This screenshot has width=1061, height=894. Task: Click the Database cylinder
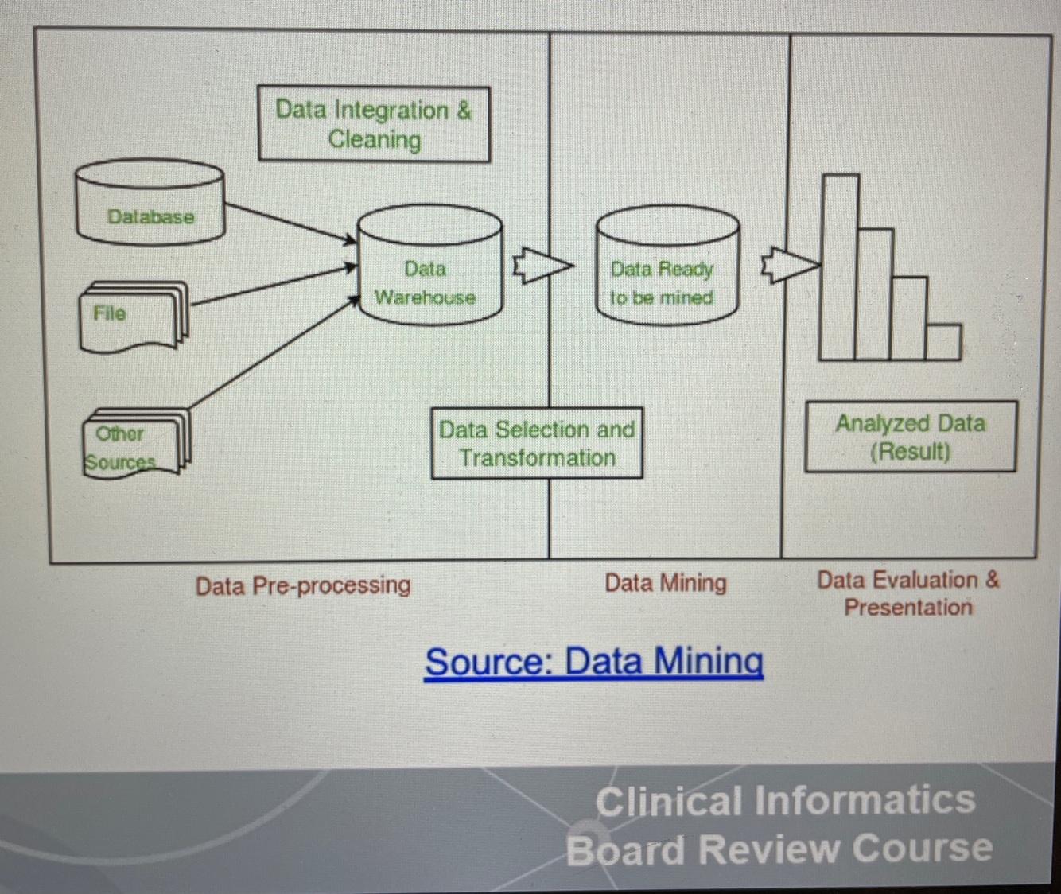click(150, 203)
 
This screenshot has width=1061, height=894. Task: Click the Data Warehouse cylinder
click(429, 266)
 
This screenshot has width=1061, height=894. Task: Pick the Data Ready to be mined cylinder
click(667, 266)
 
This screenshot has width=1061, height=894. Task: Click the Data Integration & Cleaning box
click(374, 124)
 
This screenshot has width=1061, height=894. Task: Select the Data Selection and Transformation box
click(537, 443)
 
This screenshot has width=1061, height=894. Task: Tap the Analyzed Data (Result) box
click(910, 437)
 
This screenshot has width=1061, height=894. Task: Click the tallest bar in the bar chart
click(840, 266)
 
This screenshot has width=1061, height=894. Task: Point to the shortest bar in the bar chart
click(943, 341)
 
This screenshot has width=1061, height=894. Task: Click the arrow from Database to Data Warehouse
click(290, 222)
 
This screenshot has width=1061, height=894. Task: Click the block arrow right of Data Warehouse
click(541, 266)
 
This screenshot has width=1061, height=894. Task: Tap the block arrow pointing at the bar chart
click(789, 265)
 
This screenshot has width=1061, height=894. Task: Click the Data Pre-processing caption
click(303, 585)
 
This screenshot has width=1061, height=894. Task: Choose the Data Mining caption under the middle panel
click(665, 583)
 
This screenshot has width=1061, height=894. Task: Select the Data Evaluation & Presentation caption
click(907, 593)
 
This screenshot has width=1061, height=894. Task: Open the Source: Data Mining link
click(593, 662)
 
